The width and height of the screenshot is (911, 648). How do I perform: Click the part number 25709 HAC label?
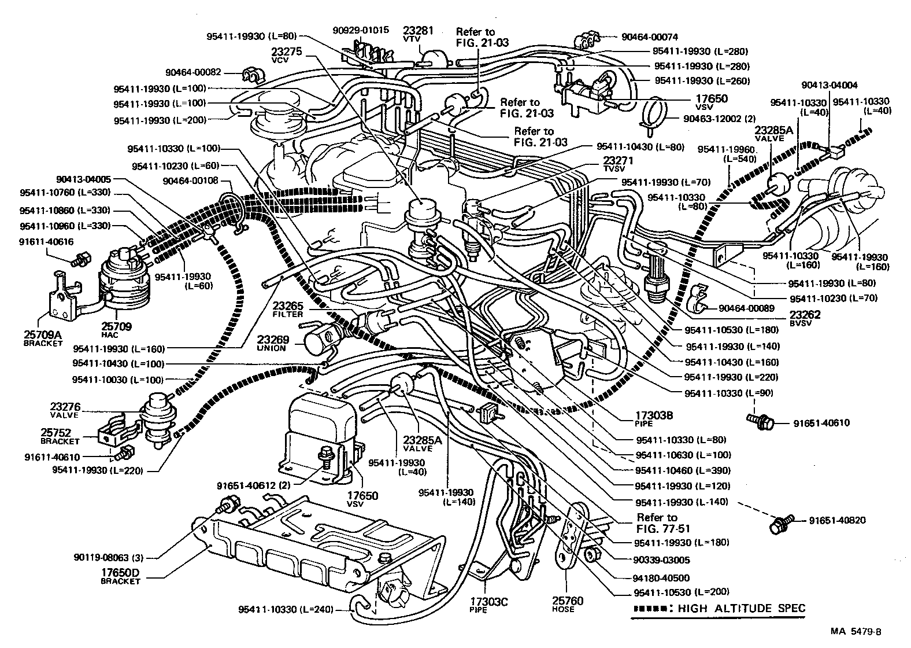coord(117,330)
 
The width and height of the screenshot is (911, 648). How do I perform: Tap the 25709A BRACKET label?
coord(43,338)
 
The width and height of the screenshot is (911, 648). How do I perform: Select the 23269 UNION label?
coord(273,343)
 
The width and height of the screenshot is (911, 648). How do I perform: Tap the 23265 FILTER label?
coord(288,310)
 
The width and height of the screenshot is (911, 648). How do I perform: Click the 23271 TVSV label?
coord(618,164)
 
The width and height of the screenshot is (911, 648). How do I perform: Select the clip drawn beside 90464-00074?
coord(585,40)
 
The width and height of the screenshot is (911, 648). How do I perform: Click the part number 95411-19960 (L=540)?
coord(723,153)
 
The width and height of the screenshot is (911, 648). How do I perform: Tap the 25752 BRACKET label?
coord(60,436)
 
